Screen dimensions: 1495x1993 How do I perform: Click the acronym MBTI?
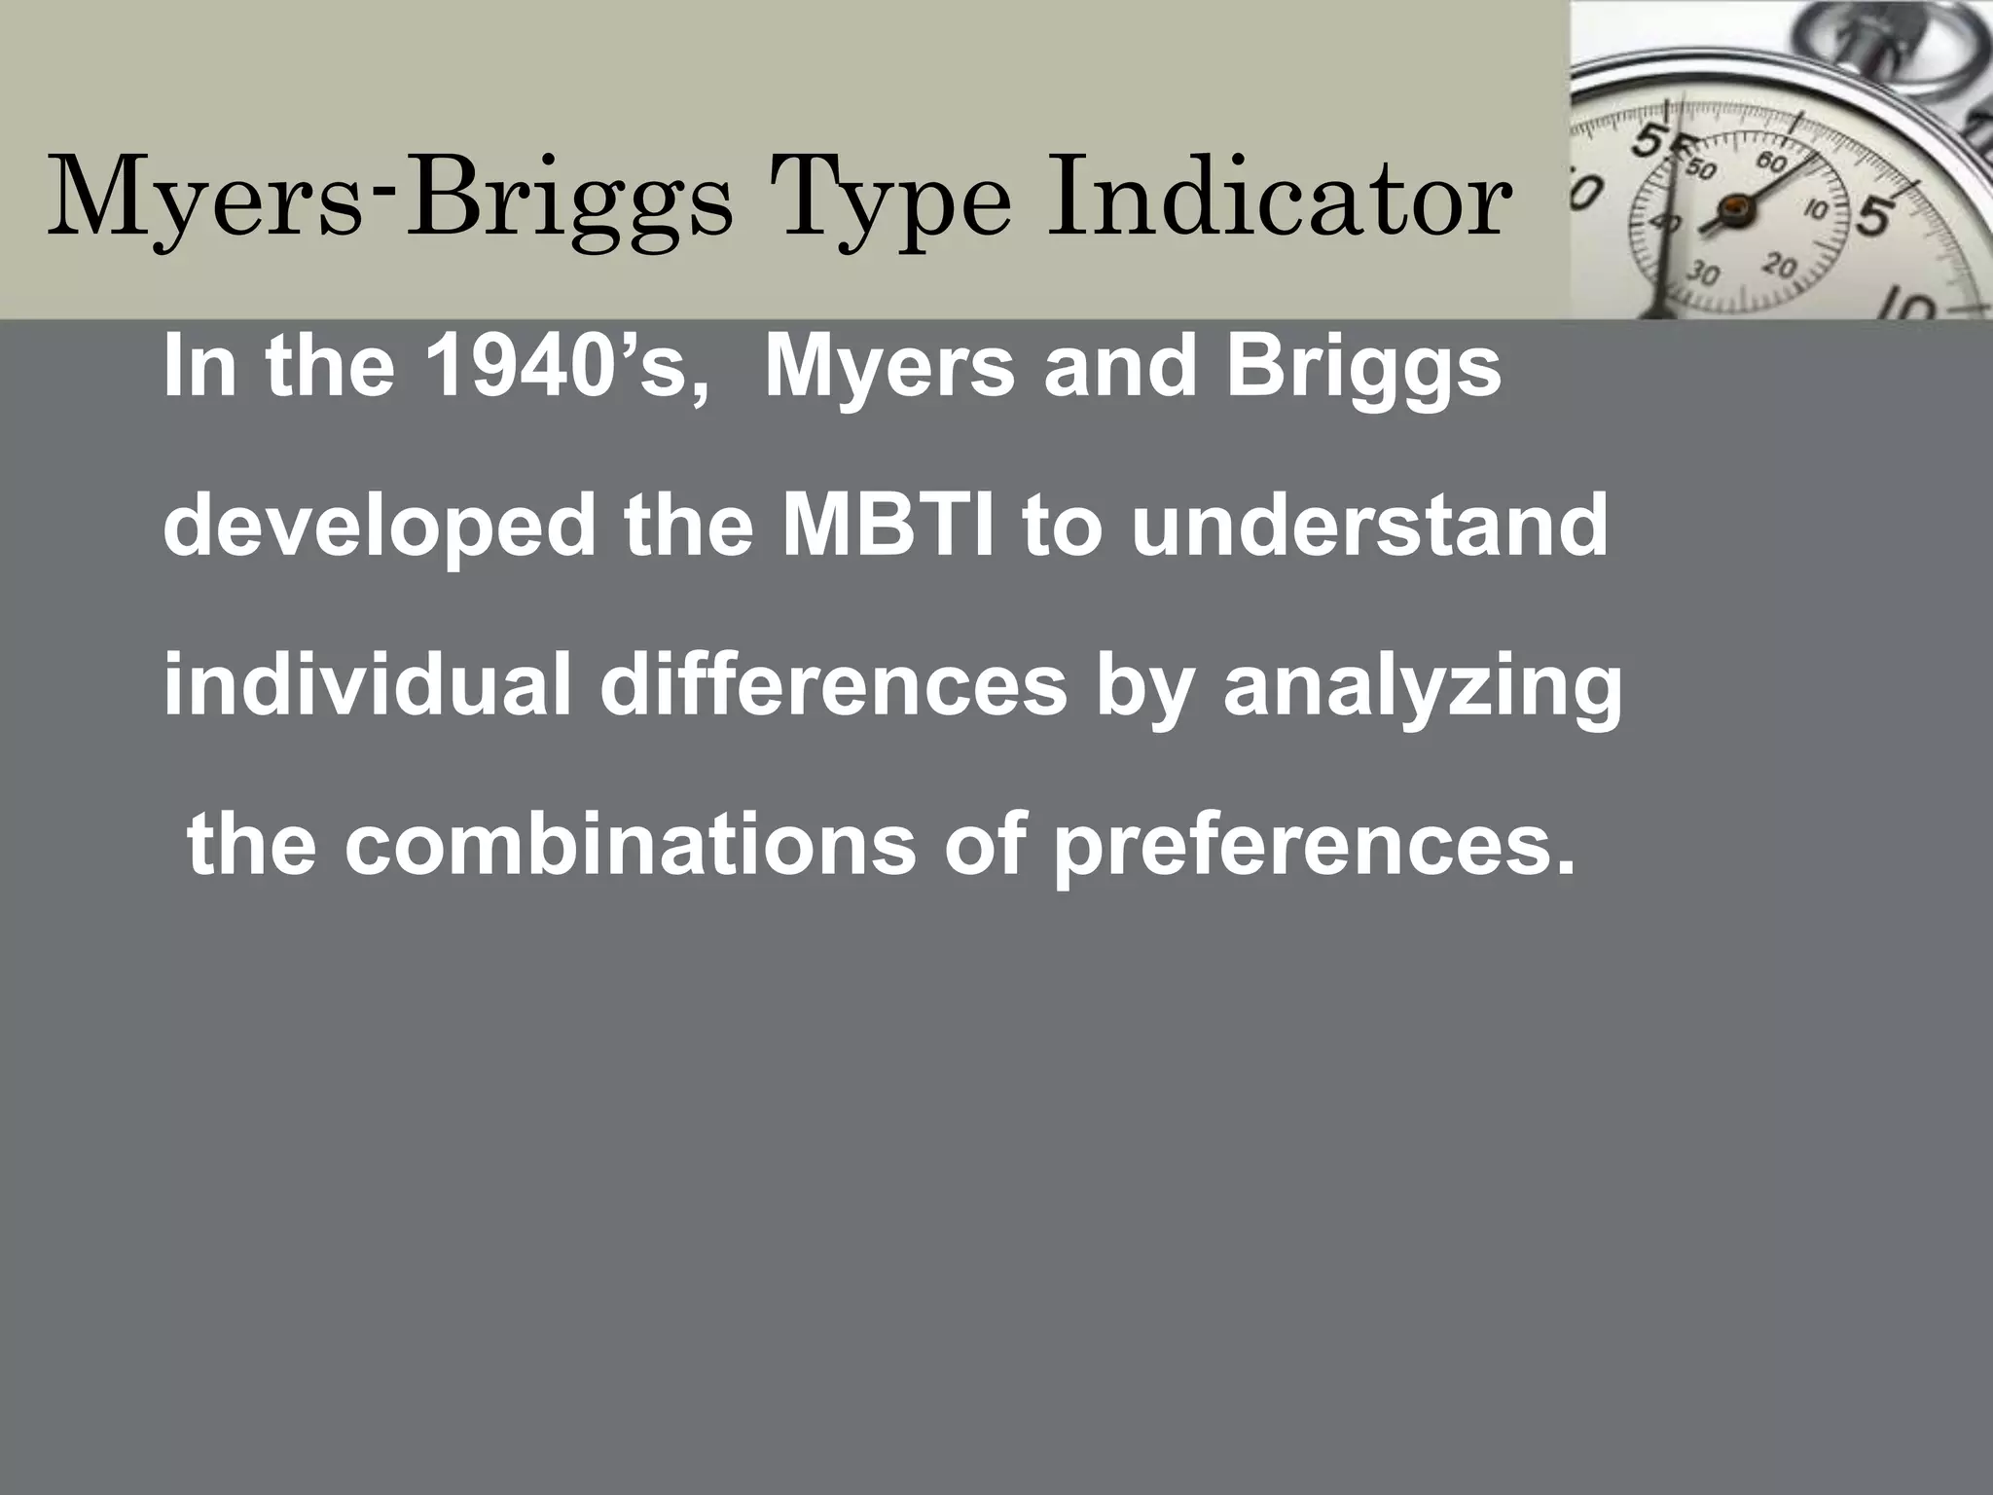888,526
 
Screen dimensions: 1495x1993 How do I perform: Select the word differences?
833,686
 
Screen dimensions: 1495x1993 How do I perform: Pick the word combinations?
631,845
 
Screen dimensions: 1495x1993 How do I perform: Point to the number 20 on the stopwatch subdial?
1780,264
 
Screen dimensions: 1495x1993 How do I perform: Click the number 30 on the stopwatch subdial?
1701,273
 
